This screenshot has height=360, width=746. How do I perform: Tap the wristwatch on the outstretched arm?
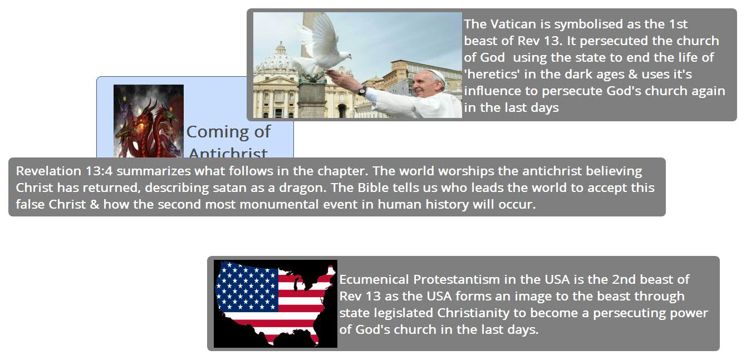pos(362,91)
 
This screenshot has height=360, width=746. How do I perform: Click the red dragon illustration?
pos(149,121)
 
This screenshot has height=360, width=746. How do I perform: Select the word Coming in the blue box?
pos(217,132)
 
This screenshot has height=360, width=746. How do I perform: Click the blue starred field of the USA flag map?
pos(247,287)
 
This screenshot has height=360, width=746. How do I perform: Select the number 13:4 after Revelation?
pos(99,171)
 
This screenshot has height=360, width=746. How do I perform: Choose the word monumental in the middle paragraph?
pos(279,204)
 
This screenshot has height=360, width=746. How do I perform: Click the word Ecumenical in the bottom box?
pos(374,279)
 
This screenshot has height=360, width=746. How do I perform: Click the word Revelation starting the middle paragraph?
pos(48,171)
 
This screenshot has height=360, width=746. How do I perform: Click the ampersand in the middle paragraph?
pos(95,204)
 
